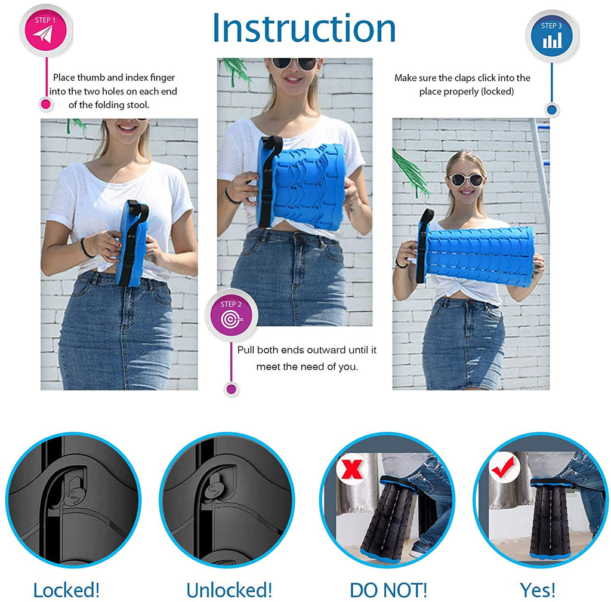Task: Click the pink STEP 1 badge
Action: point(45,31)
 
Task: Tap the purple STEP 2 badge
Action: point(231,315)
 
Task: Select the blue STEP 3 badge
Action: point(552,36)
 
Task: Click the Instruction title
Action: point(304,28)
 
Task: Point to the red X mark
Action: point(352,468)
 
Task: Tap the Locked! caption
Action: point(66,590)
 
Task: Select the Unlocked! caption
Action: point(229,590)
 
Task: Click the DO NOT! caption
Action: point(388,590)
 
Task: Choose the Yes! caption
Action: point(538,590)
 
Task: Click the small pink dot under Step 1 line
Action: point(45,104)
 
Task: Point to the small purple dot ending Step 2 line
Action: point(232,389)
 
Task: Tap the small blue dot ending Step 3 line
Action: point(552,110)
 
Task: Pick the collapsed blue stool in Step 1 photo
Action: point(132,243)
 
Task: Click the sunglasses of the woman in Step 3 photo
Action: point(467,180)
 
